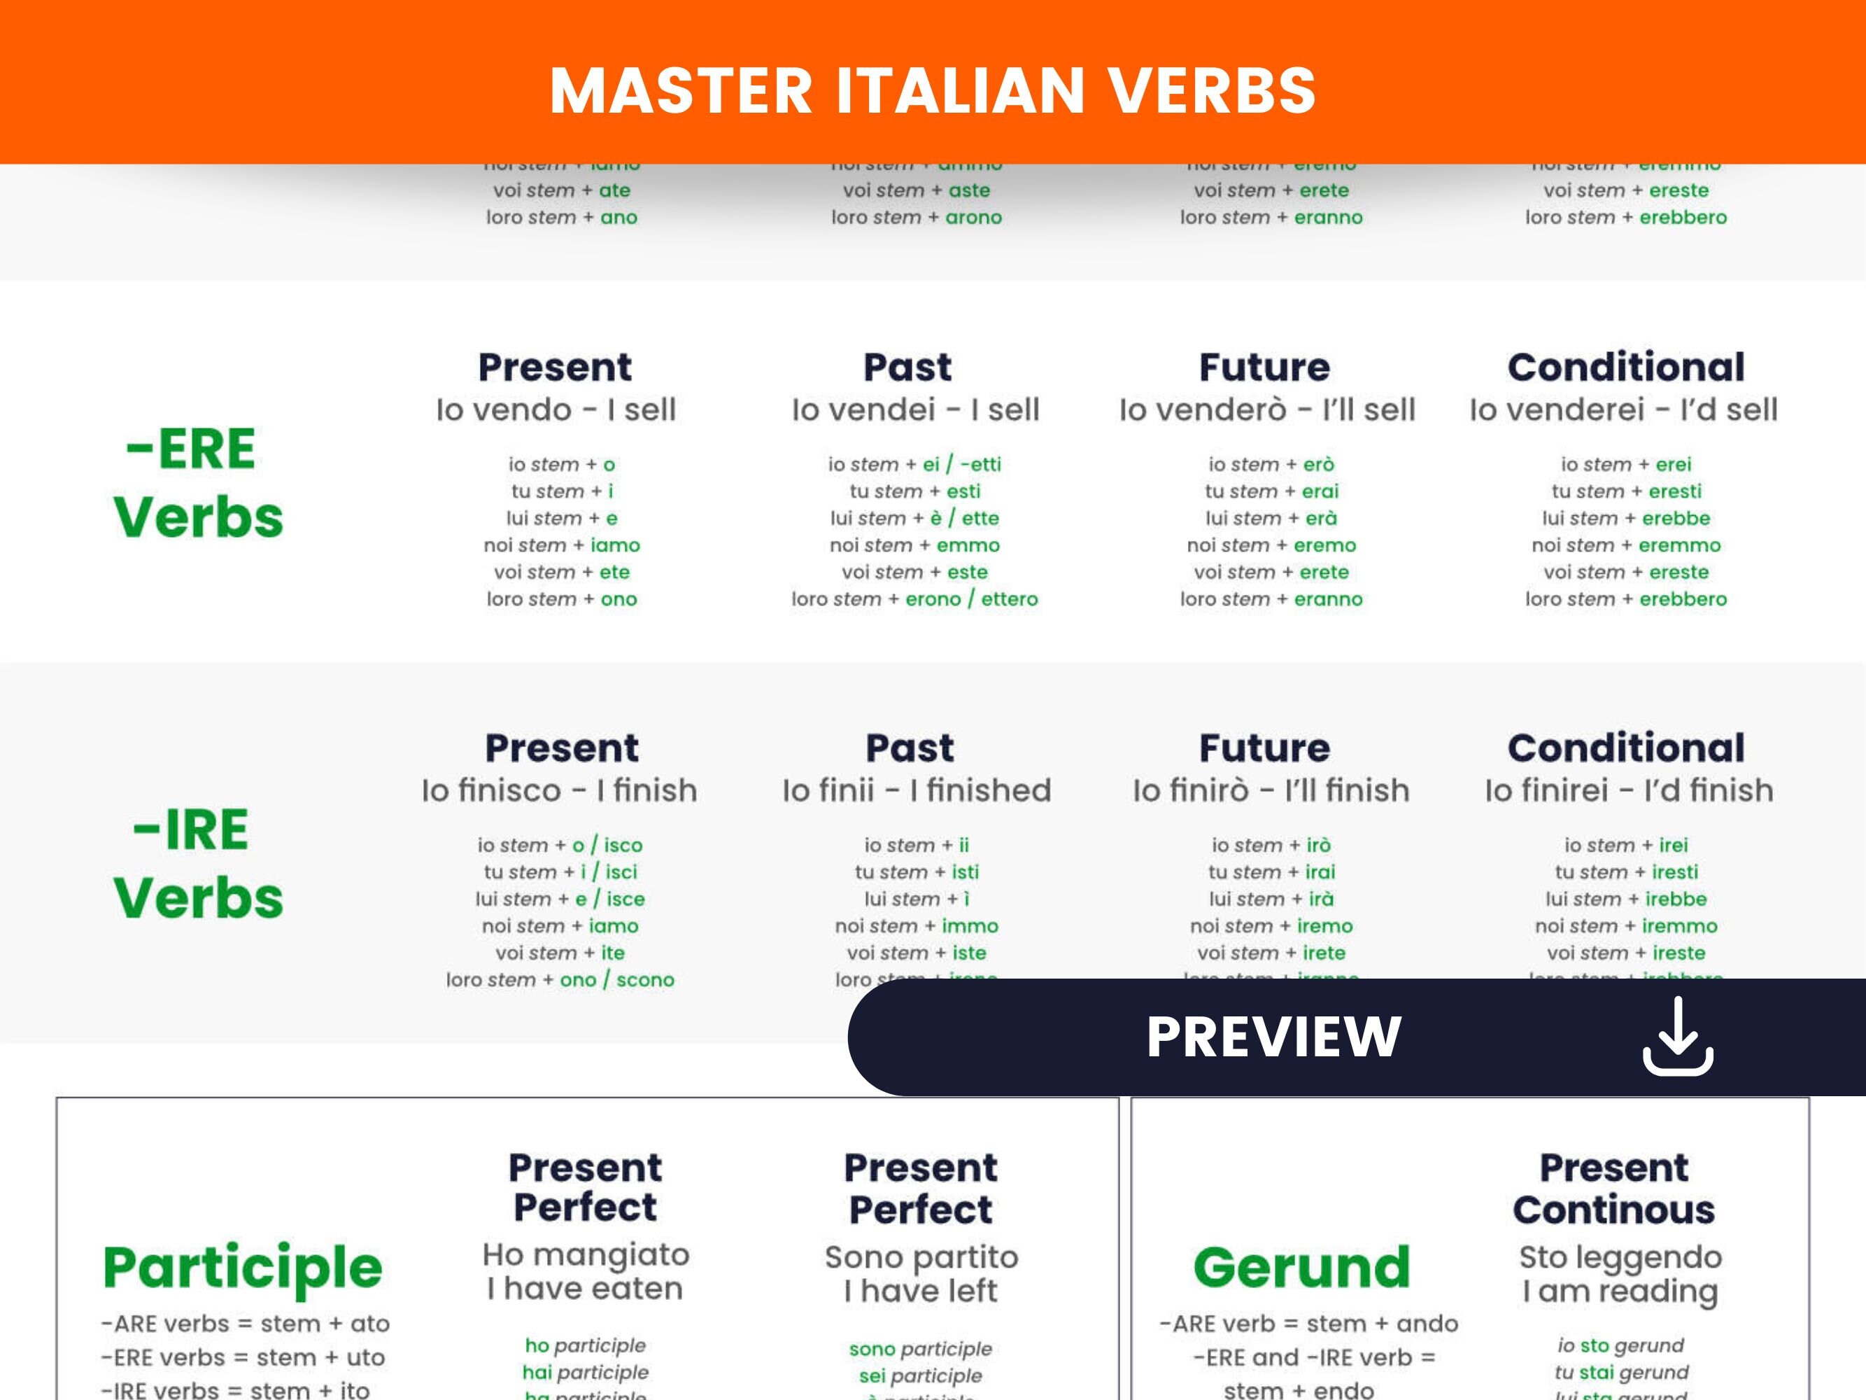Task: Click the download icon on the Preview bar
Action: point(1677,1037)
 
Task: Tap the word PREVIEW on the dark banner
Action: point(1274,1037)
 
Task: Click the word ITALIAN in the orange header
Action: point(960,91)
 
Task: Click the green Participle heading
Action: point(243,1268)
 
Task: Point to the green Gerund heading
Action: point(1301,1268)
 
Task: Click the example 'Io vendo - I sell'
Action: point(556,410)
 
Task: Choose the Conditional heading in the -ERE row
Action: point(1625,367)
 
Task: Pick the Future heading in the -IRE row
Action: point(1264,748)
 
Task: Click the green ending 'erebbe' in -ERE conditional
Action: point(1676,518)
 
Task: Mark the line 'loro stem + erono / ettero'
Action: point(914,599)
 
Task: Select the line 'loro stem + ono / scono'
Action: point(560,980)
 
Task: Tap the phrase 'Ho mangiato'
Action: point(586,1255)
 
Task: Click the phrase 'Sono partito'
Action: point(921,1257)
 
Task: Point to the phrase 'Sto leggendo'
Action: point(1620,1257)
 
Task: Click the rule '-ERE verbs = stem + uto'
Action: point(243,1358)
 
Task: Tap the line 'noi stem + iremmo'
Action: point(1625,925)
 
